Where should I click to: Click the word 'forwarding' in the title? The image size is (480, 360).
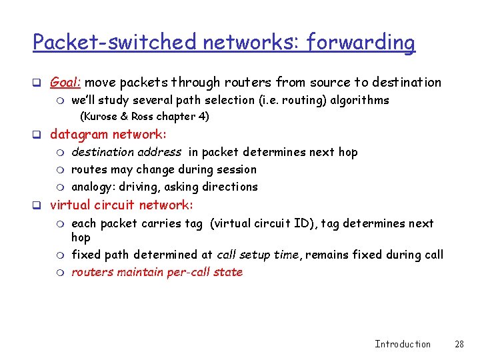pyautogui.click(x=360, y=43)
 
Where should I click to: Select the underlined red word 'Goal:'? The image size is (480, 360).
pyautogui.click(x=66, y=83)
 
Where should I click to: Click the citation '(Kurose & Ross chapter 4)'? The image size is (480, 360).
pyautogui.click(x=145, y=117)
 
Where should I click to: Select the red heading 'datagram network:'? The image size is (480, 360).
pyautogui.click(x=109, y=135)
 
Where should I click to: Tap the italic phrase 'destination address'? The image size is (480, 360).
pyautogui.click(x=126, y=152)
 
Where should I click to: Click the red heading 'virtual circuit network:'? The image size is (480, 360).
pyautogui.click(x=121, y=205)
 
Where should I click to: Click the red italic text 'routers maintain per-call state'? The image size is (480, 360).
pyautogui.click(x=157, y=272)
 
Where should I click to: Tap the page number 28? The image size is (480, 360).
pyautogui.click(x=459, y=344)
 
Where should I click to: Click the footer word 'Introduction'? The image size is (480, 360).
pyautogui.click(x=403, y=344)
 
